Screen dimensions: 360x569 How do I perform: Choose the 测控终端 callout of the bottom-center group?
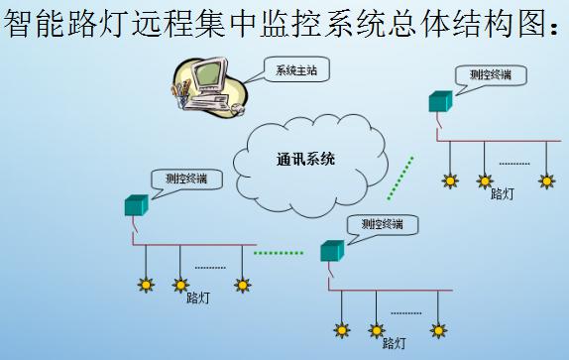pos(382,224)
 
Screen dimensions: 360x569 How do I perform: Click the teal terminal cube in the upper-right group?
pos(440,100)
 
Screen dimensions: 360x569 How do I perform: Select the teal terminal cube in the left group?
pos(135,205)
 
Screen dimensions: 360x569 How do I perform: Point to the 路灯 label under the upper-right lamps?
pos(503,194)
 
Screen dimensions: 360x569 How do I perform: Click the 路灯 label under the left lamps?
pos(197,298)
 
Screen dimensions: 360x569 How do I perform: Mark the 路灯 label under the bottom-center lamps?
pos(394,342)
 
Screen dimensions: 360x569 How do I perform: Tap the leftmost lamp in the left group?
pos(146,286)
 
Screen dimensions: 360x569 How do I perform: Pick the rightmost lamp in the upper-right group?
pos(546,181)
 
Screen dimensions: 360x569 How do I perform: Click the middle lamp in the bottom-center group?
pos(376,329)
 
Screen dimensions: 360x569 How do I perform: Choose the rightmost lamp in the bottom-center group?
pos(437,328)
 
